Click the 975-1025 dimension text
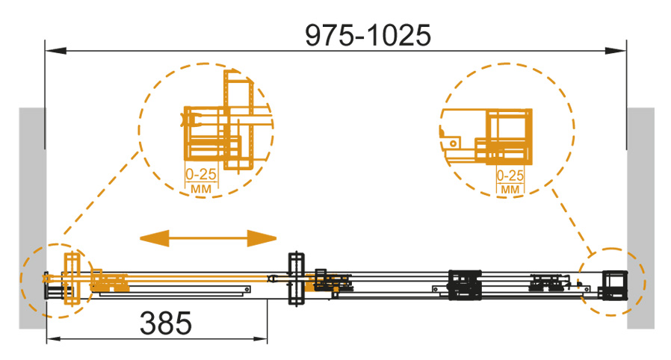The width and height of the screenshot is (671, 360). [368, 35]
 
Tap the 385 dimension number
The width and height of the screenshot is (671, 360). [166, 323]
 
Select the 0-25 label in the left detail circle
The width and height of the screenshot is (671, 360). [201, 174]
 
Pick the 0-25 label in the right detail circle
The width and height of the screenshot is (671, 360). [510, 176]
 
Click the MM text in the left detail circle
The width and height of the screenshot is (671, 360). [201, 188]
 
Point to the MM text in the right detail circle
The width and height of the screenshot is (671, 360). [510, 190]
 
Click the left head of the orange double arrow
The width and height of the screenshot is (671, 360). [155, 238]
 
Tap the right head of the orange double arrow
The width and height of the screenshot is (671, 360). [262, 238]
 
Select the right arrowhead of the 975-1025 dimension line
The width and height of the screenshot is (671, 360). [616, 51]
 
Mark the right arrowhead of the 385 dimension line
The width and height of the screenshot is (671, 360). [260, 339]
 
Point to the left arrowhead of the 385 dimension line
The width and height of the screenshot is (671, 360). [54, 339]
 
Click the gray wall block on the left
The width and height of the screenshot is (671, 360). [32, 218]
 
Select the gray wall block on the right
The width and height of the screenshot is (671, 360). [640, 218]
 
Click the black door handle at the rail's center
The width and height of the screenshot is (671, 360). [296, 279]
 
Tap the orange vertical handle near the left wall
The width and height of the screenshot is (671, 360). [72, 279]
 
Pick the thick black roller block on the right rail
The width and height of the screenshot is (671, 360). [465, 285]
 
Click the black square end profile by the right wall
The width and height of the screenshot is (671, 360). [615, 285]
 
